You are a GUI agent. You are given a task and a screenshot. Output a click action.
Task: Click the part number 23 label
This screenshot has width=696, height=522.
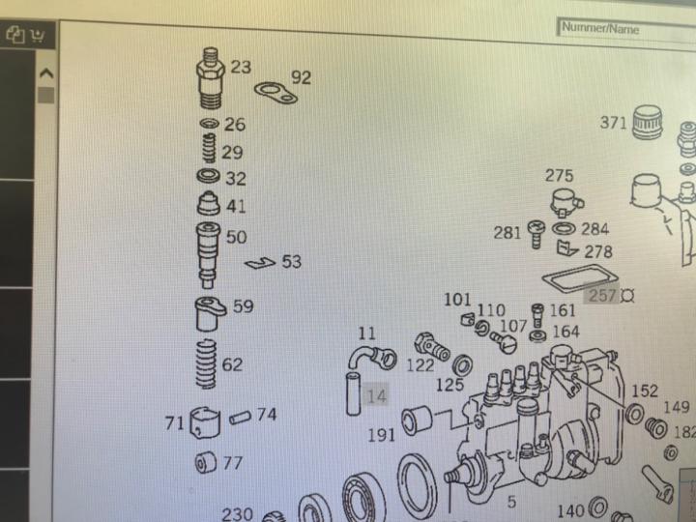241,67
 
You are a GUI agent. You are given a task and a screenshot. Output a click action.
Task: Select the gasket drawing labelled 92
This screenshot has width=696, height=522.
276,93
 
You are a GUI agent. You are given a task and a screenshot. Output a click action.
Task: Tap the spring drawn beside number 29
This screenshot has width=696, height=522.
210,148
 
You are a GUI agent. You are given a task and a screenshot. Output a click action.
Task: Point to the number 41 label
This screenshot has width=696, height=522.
236,207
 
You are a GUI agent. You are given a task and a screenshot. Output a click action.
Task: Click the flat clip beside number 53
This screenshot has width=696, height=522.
260,263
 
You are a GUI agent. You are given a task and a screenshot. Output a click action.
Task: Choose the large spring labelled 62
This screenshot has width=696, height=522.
207,364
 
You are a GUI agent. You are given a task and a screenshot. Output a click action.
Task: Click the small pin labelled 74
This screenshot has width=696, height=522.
240,418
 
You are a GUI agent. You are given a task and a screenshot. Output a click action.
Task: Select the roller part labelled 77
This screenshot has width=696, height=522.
206,462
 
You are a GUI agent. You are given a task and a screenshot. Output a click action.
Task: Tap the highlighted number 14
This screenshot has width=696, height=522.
376,395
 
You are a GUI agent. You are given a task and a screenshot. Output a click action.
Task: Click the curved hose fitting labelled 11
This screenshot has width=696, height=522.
372,358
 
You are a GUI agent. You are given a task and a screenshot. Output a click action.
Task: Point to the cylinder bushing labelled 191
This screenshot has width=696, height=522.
417,420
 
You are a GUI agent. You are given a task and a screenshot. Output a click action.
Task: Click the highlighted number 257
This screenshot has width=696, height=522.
602,295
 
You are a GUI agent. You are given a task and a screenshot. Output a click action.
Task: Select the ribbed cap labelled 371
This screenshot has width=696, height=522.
647,122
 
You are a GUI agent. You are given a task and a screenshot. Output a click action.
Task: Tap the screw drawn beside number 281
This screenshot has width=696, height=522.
536,234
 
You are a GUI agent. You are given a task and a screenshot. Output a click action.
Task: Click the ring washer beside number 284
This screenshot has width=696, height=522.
564,228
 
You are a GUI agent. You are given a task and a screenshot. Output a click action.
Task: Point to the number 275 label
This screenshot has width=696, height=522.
559,176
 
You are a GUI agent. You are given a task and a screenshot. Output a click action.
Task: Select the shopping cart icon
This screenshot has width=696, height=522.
38,36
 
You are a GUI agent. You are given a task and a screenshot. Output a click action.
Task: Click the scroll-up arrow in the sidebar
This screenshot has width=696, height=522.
46,72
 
